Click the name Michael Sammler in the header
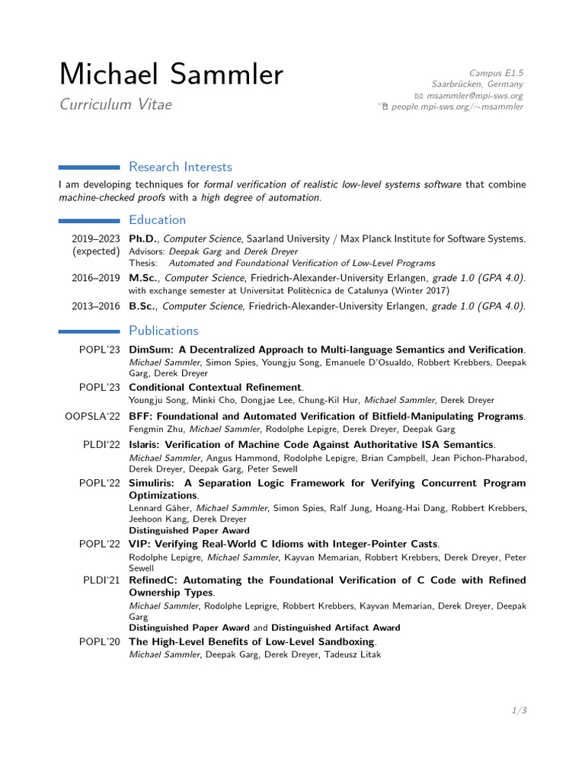point(171,75)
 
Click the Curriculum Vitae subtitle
point(116,104)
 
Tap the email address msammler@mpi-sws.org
point(475,96)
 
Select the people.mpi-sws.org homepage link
point(457,107)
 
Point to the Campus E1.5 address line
point(496,73)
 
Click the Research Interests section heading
point(181,167)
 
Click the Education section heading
point(157,220)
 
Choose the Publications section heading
point(163,331)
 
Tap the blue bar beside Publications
point(89,331)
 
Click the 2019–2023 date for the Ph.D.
point(96,238)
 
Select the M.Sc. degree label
point(143,278)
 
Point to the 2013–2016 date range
point(96,306)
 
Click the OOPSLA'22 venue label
point(93,417)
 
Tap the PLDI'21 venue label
point(102,580)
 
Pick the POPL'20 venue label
point(100,642)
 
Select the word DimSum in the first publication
point(151,350)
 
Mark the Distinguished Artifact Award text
point(335,628)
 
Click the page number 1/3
point(519,711)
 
